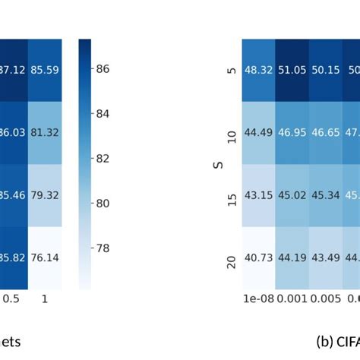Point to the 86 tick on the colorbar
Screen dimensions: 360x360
tap(103, 69)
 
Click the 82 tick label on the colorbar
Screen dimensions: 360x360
tap(103, 159)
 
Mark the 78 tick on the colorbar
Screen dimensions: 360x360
tap(103, 248)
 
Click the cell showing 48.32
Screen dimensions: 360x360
tap(258, 70)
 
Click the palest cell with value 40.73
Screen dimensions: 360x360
tap(258, 257)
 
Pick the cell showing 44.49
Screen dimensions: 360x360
tap(258, 133)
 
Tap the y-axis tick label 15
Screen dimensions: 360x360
tap(231, 195)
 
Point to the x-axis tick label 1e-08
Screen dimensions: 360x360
tap(258, 299)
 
